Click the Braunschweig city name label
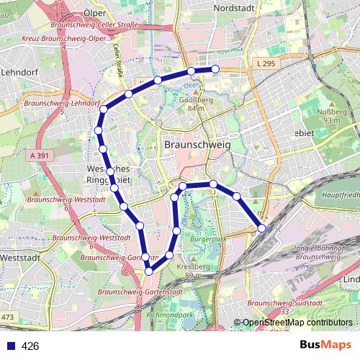(197, 143)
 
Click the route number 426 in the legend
(30, 346)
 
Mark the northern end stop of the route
(215, 68)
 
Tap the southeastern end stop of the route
(261, 228)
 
